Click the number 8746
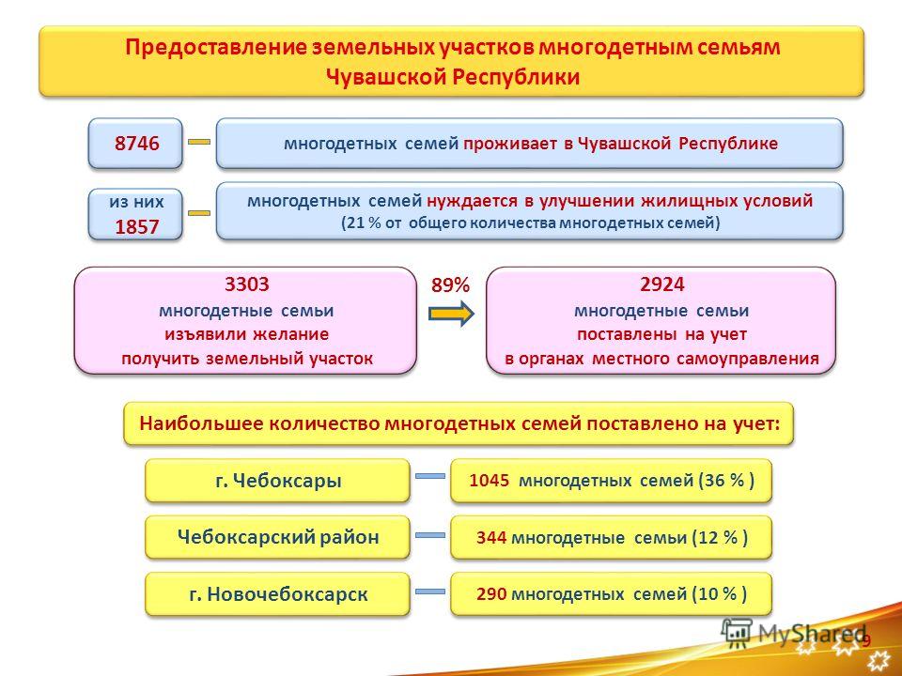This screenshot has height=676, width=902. click(137, 143)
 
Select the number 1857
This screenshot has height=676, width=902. click(137, 227)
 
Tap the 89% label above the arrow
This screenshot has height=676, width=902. click(451, 285)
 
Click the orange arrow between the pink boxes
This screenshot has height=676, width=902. click(451, 314)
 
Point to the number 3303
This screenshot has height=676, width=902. click(247, 284)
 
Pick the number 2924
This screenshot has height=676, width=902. click(662, 284)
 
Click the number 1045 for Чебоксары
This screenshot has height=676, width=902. click(489, 481)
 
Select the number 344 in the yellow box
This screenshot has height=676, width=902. click(491, 537)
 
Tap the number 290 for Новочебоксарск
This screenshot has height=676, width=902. click(491, 593)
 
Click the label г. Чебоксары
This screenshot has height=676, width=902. click(278, 481)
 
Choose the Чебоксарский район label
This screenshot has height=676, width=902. click(278, 537)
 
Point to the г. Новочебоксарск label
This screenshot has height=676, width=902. click(278, 593)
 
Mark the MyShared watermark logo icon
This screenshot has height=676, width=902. click(737, 632)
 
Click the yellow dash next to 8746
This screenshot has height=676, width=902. click(199, 142)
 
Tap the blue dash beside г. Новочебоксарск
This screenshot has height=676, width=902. click(430, 591)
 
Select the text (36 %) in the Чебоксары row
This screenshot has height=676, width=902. click(726, 481)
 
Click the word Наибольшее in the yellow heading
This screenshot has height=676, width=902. click(201, 424)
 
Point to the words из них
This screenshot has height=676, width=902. click(136, 202)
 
